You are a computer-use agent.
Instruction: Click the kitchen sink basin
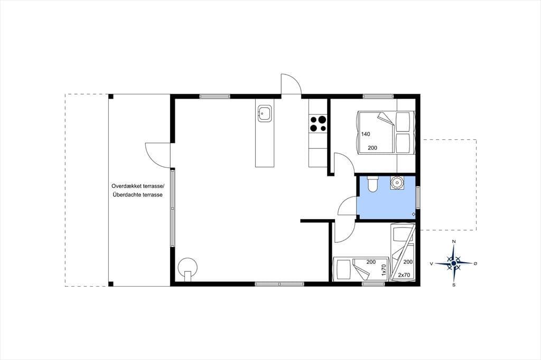[265, 113]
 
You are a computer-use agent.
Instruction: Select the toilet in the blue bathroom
[372, 184]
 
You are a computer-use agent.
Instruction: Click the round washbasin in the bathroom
[397, 182]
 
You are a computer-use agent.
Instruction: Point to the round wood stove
[188, 267]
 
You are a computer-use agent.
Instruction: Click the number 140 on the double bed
[366, 134]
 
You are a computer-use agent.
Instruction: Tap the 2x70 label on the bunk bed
[404, 275]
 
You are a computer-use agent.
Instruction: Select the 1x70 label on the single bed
[384, 270]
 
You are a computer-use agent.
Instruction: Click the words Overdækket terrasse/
[138, 186]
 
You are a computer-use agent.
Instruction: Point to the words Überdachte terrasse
[138, 194]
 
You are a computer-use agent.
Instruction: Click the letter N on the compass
[454, 241]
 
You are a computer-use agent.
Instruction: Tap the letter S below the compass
[454, 285]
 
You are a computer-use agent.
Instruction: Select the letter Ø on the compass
[475, 263]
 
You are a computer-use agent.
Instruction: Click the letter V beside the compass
[431, 264]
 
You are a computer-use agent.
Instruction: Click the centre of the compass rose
[454, 263]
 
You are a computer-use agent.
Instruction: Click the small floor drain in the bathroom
[413, 214]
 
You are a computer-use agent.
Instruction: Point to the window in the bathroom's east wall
[418, 197]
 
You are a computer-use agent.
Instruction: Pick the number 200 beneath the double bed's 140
[372, 148]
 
